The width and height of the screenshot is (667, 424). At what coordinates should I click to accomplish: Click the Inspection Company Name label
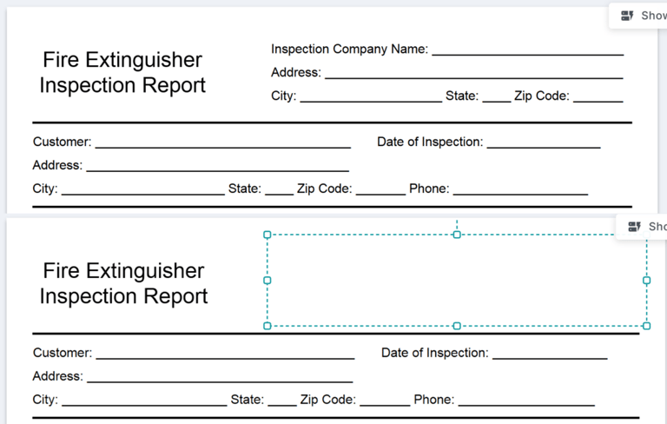point(349,50)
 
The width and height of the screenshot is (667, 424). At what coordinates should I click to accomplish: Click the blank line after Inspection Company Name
point(528,55)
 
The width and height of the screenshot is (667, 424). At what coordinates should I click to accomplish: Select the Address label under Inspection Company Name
point(296,72)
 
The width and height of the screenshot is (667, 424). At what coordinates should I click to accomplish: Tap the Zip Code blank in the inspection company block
point(598,102)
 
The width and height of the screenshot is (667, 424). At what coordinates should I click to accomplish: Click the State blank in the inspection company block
point(497,102)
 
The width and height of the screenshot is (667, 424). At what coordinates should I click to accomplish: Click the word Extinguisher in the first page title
point(144,60)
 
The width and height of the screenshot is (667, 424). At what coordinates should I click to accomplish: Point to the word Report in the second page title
point(175,296)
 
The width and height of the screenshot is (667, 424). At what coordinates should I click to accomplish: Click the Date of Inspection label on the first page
point(430,142)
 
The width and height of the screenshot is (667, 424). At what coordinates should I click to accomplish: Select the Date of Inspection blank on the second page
point(550,359)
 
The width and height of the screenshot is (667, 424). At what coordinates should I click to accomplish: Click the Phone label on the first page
point(429,189)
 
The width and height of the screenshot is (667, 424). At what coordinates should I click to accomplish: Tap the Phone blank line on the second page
point(526,406)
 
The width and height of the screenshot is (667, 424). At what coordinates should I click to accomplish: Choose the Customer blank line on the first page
point(223,148)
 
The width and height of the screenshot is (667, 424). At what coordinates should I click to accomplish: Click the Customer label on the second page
point(63,353)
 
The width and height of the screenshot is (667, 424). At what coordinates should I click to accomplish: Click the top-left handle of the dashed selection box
point(267,235)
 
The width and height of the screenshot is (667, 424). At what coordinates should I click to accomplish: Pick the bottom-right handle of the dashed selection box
point(646,326)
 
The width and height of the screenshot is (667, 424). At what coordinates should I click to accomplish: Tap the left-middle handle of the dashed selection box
point(267,280)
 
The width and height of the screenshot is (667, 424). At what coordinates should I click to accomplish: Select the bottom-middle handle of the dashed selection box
point(457,326)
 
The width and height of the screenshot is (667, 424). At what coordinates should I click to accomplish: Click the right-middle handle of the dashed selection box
point(646,280)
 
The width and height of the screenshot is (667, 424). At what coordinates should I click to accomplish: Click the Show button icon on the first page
point(627,16)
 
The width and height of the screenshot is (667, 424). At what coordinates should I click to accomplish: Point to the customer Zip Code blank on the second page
point(385,406)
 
